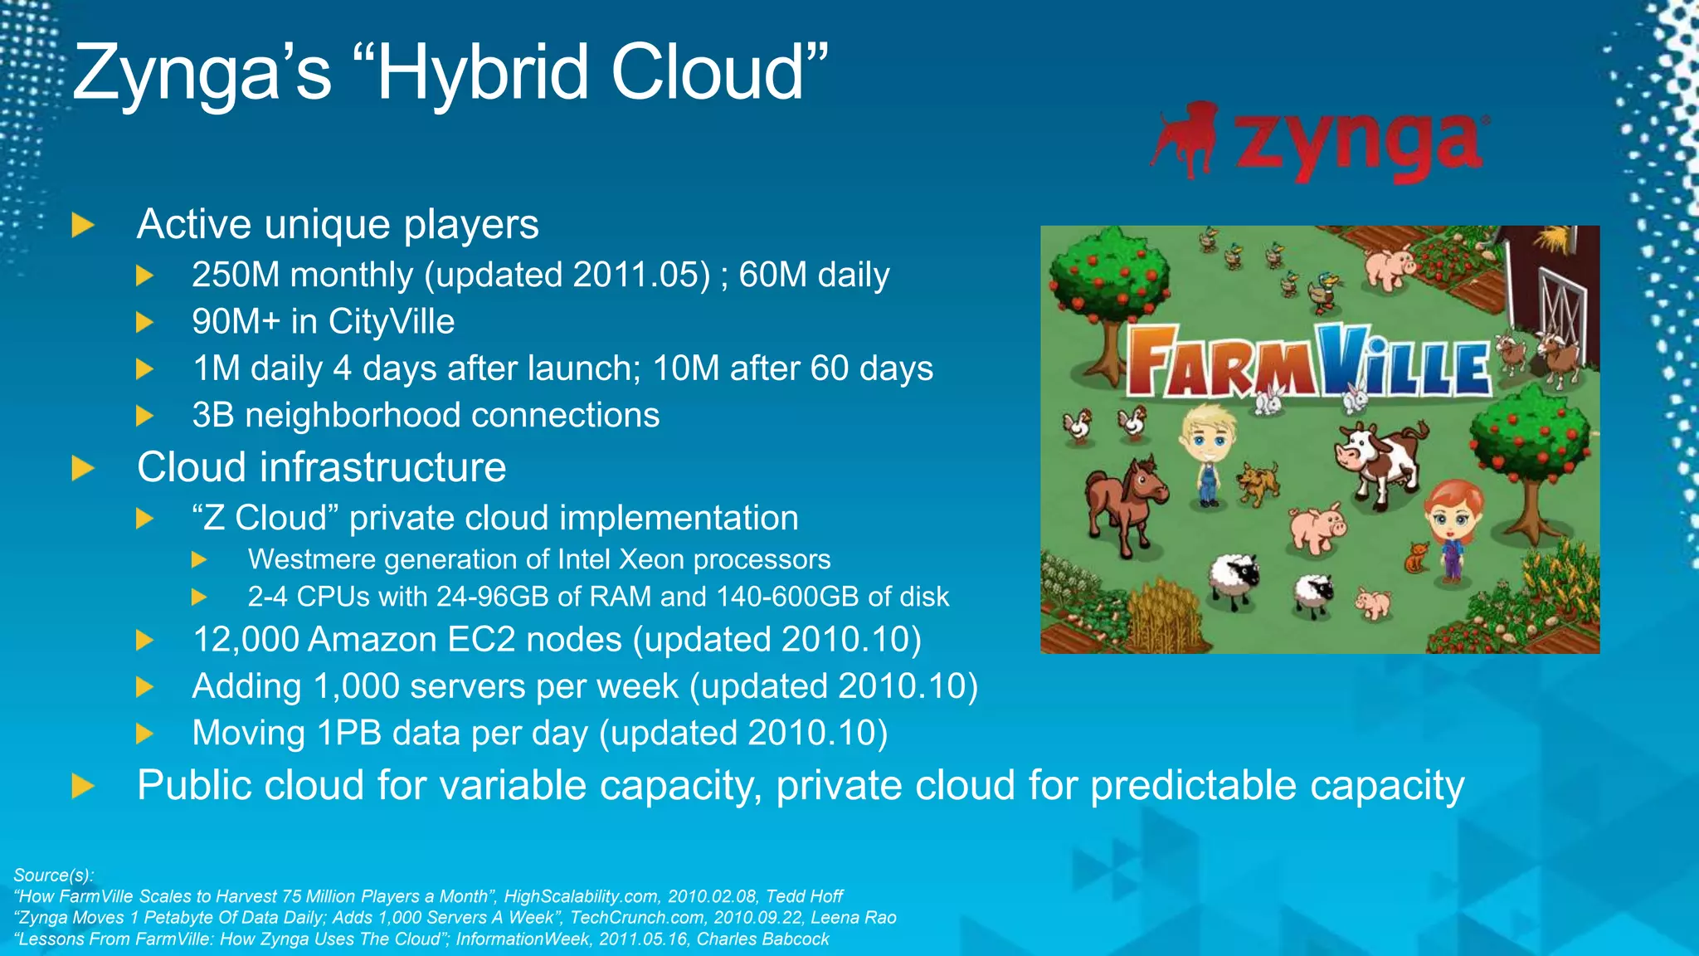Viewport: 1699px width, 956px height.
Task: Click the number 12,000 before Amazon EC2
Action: click(x=246, y=640)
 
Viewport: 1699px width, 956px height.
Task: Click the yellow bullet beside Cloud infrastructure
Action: click(x=83, y=468)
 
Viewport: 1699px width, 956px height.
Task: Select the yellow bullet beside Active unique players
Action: click(x=83, y=225)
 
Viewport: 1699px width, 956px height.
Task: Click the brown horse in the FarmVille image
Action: click(x=1124, y=498)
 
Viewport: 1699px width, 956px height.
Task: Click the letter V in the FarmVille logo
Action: click(x=1342, y=361)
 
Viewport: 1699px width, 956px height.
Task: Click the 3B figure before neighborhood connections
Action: click(x=213, y=416)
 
